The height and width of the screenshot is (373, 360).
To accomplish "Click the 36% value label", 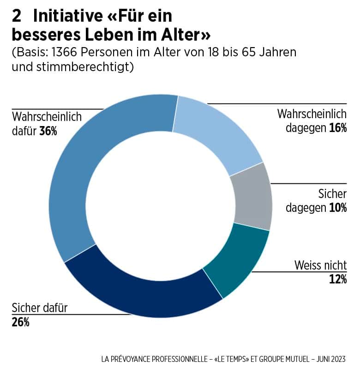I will pos(48,131).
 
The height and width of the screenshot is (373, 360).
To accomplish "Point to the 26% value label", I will pos(20,322).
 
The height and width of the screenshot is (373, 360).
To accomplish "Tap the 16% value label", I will pos(337,128).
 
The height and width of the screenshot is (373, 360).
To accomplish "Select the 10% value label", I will pos(337,208).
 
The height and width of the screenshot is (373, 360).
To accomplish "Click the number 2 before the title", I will pos(17,17).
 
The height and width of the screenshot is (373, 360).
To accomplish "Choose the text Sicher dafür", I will pos(39,307).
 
